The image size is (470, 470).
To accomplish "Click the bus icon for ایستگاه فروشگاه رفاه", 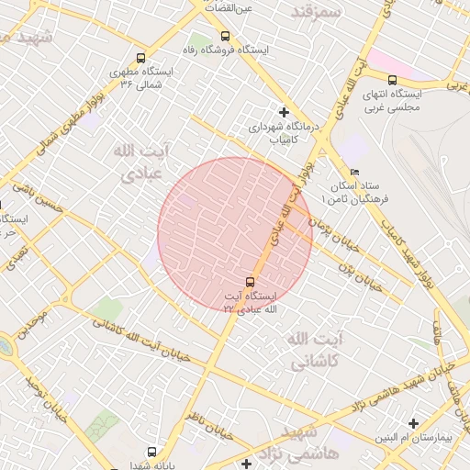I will pos(226,36).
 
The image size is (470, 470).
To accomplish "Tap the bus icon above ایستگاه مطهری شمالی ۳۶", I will pos(140,57).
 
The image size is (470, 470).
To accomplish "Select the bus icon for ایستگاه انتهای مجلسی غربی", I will pos(393,80).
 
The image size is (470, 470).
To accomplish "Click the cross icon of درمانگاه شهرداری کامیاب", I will pos(284,112).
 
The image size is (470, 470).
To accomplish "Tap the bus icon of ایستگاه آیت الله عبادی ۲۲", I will pos(250,282).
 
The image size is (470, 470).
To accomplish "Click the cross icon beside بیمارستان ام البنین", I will pos(415,423).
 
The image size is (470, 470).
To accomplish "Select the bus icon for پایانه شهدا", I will pos(151,452).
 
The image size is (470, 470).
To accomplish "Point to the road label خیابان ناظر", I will pos(201,423).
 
